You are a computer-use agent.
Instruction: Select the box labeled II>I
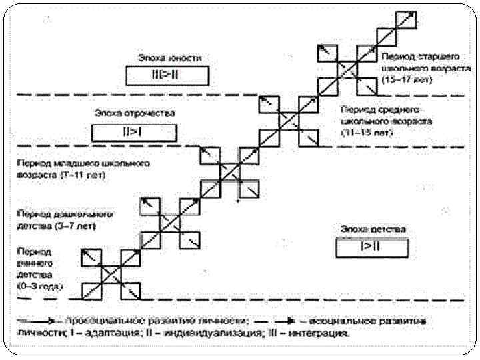(134, 131)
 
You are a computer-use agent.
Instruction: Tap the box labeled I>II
(372, 248)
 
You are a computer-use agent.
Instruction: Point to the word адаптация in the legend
(123, 331)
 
